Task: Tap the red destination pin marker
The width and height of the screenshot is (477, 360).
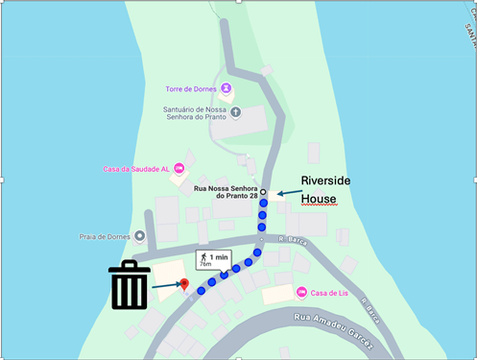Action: pos(183,285)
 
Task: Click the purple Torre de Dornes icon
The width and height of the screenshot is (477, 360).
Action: pos(226,90)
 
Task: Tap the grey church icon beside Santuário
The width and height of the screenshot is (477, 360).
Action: pos(236,113)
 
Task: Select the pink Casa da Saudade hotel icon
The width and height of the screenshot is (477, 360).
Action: pos(179,170)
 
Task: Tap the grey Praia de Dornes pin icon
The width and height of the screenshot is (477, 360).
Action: pos(140,236)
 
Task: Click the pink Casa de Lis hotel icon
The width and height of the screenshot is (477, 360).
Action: pos(301,291)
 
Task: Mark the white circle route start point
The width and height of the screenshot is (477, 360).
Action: pos(263,193)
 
